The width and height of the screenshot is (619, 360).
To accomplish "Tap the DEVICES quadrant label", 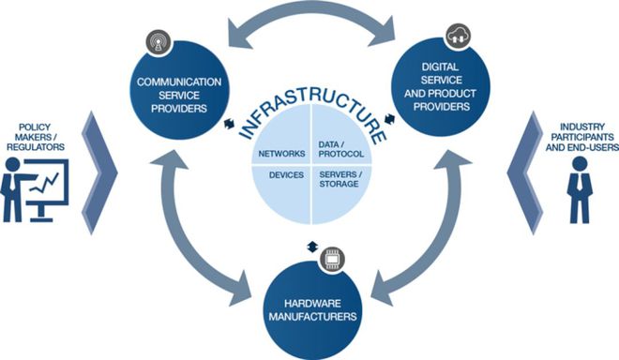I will pos(281,175).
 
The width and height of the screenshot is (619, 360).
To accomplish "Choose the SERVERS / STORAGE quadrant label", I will pos(340,179).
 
